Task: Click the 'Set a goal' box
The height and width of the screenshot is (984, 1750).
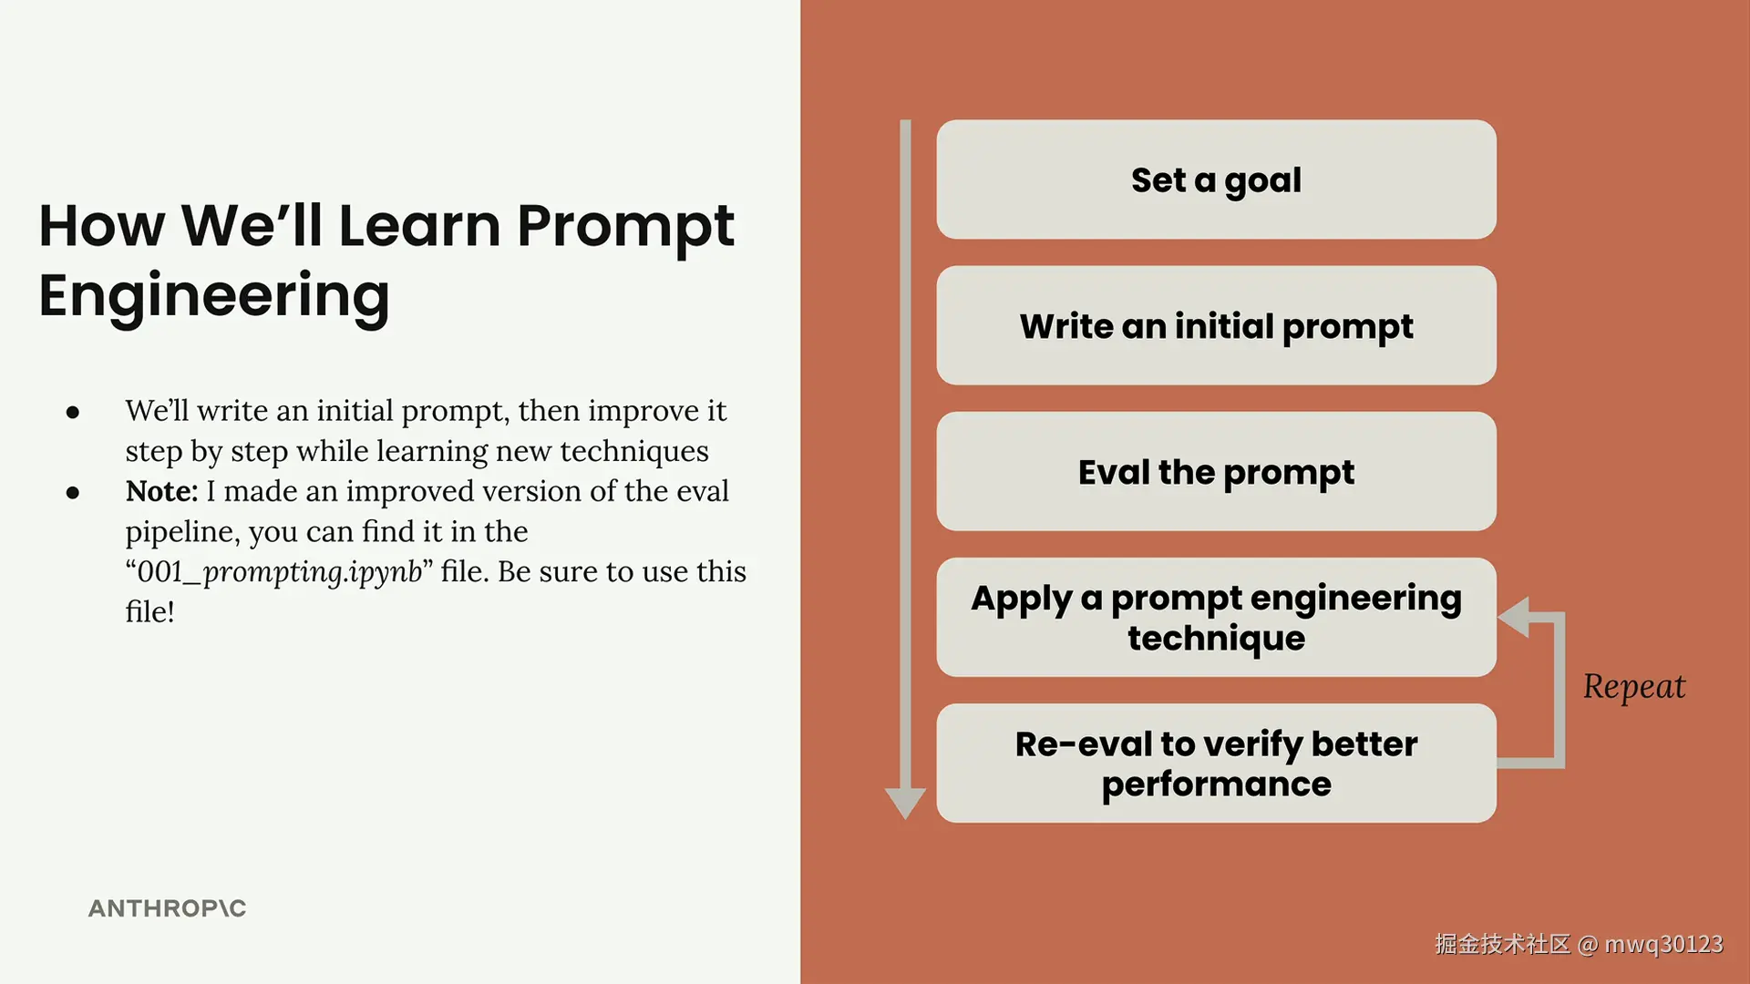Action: (1216, 179)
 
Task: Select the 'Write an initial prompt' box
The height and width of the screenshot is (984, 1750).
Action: (1216, 325)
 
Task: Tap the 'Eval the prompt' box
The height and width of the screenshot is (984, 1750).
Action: (1216, 471)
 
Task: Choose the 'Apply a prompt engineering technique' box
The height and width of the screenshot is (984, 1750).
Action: (1216, 617)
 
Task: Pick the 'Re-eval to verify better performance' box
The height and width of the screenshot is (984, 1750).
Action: (1216, 763)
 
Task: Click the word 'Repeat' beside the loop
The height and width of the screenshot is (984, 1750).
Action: (1634, 687)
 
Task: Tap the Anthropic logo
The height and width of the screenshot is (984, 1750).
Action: (167, 908)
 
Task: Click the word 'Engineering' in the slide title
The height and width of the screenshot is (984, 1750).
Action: (214, 296)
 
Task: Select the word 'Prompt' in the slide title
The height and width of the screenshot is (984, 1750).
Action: (625, 226)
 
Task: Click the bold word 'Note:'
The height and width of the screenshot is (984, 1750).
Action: (161, 491)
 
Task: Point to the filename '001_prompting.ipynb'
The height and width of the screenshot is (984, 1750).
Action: (279, 572)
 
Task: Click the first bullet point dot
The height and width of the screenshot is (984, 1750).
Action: (73, 413)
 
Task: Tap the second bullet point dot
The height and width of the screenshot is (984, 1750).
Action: (73, 493)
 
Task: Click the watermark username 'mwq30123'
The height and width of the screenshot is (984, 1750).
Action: (1663, 944)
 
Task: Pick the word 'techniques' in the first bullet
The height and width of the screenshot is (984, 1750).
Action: (634, 451)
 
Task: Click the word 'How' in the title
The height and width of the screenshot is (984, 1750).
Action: (102, 226)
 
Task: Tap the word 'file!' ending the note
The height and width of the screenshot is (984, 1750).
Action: (149, 611)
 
